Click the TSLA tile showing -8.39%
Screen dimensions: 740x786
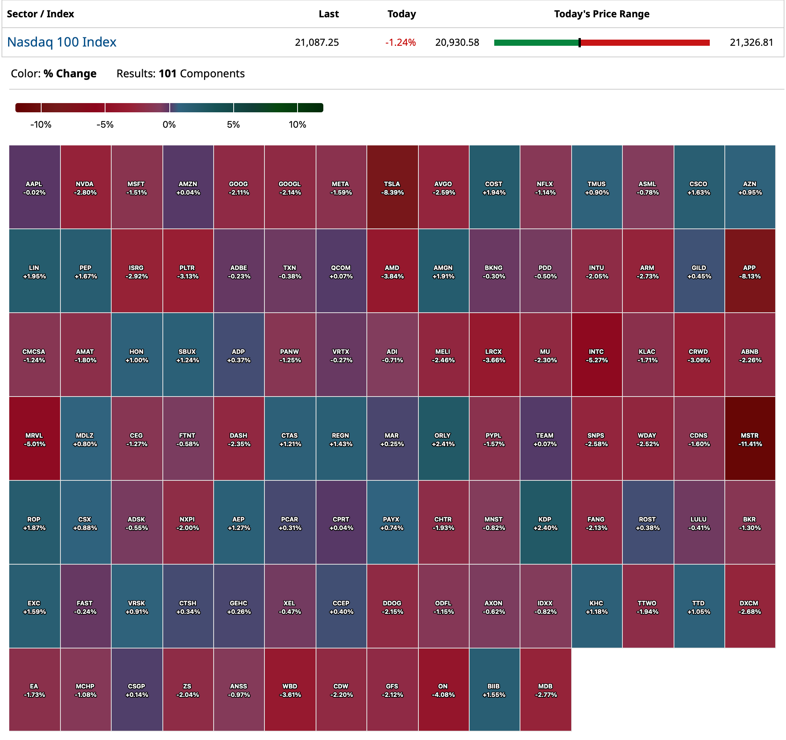392,187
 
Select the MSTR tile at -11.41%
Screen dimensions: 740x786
750,439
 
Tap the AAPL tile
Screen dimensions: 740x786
34,187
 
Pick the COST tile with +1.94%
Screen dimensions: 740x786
494,187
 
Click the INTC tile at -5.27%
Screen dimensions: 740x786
597,355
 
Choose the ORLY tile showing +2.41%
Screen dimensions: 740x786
443,439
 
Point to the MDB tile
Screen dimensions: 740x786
545,690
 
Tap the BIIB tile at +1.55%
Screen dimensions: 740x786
494,690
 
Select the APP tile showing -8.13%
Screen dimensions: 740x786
750,272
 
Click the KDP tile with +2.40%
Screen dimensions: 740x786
545,523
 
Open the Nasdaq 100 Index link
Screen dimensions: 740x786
62,42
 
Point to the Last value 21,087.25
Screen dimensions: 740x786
317,43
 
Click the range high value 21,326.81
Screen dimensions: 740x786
751,43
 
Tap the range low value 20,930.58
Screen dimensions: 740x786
457,43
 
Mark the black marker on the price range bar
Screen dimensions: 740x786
580,43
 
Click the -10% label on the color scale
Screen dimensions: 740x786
41,125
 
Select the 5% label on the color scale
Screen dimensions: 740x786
233,125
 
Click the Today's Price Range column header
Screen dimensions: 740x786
601,14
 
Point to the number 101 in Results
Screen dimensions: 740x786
167,74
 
